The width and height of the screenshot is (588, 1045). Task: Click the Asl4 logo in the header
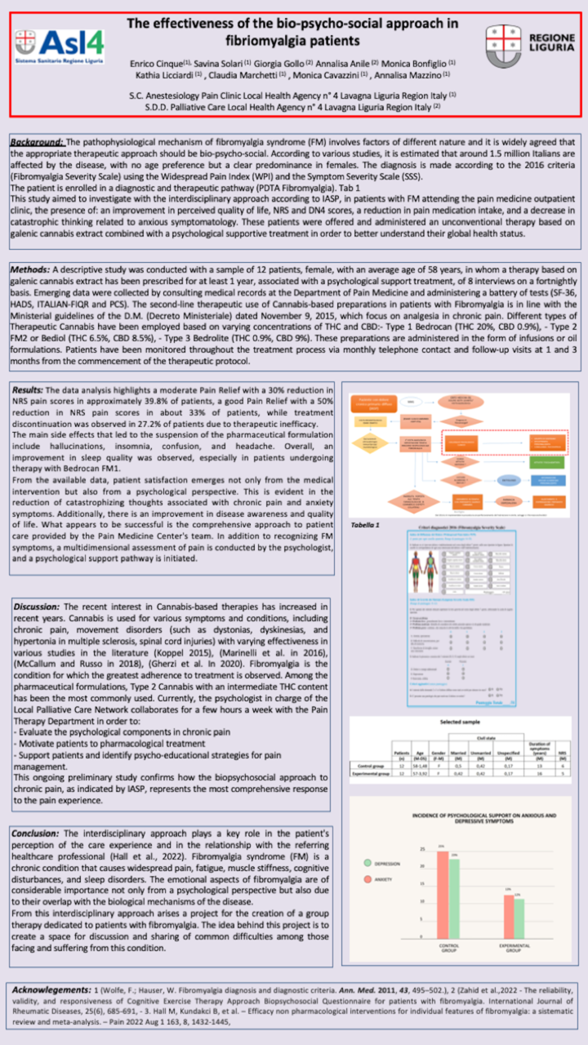coord(58,47)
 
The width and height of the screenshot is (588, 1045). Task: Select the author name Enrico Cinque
coord(155,63)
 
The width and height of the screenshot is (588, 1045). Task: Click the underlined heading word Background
coord(38,141)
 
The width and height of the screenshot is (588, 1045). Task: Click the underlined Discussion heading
coord(37,607)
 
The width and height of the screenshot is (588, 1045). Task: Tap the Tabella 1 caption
coord(366,523)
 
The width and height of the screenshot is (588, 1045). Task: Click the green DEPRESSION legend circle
coord(367,862)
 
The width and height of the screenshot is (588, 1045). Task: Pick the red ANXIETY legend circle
coord(367,878)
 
